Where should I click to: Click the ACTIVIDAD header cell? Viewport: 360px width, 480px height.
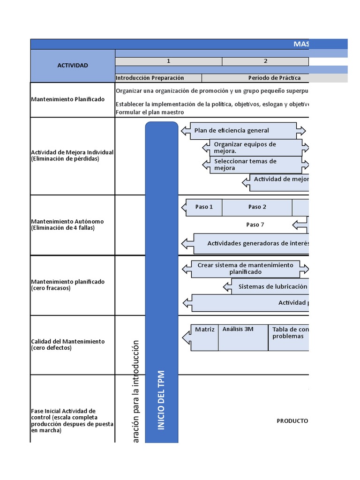click(x=73, y=66)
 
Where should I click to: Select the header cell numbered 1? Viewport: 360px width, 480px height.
click(x=168, y=61)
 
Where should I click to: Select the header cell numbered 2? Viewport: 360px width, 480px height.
click(x=265, y=61)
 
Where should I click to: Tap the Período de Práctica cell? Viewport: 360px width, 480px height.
click(x=274, y=78)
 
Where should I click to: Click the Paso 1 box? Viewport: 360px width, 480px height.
click(x=204, y=207)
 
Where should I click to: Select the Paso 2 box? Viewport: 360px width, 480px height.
click(x=257, y=207)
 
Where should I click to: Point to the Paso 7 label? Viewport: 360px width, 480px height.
click(x=255, y=225)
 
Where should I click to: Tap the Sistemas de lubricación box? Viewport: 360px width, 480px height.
click(x=273, y=286)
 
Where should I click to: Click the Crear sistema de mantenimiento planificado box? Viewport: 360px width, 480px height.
click(x=245, y=269)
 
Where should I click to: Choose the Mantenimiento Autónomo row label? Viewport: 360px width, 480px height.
click(x=67, y=225)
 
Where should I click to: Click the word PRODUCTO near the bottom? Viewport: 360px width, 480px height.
click(x=292, y=421)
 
